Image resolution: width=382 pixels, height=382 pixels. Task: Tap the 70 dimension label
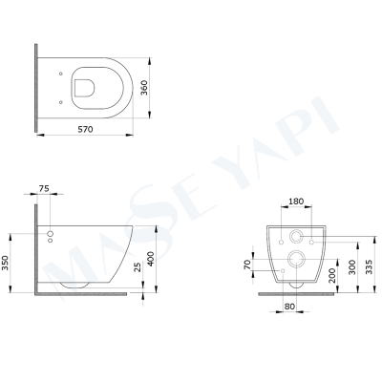(x=249, y=264)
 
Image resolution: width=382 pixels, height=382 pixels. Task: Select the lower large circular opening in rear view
(x=296, y=259)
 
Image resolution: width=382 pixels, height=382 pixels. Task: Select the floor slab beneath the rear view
(x=296, y=290)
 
